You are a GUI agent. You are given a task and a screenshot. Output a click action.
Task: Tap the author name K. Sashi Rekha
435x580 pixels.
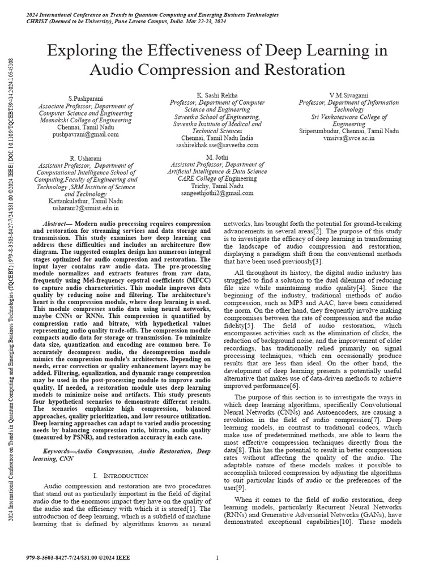[217, 94]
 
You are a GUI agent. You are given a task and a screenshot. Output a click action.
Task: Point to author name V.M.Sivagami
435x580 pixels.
[349, 94]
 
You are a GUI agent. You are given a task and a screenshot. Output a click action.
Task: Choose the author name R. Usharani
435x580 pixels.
[85, 157]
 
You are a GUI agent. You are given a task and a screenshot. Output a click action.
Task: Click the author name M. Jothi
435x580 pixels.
[217, 156]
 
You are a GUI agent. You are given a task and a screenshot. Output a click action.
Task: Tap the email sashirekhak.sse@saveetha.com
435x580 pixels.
[217, 145]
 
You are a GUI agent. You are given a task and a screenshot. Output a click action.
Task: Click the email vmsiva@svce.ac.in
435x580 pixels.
[349, 138]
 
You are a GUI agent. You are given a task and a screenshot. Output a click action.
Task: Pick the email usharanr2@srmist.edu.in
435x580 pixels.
[85, 208]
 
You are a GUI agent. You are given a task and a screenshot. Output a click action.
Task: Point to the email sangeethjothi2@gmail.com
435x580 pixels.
[217, 193]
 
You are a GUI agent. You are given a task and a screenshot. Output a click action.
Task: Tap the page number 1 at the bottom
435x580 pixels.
[217, 558]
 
